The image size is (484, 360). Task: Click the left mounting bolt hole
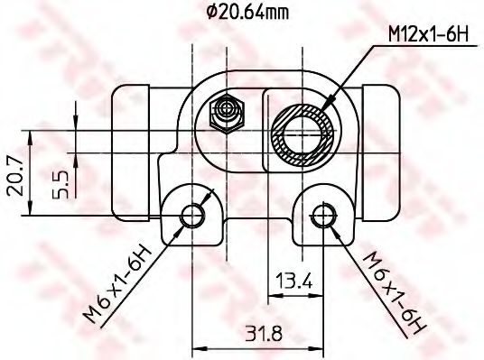click(191, 215)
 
